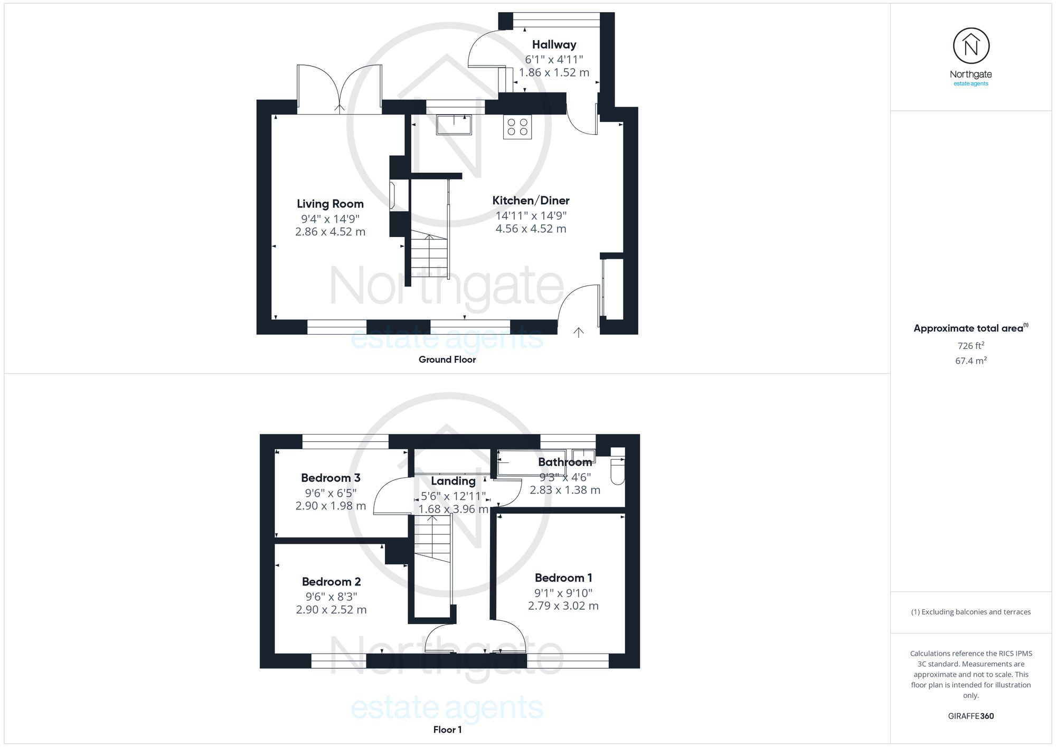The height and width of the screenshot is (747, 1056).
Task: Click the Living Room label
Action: pyautogui.click(x=330, y=204)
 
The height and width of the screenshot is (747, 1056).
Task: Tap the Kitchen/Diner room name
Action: pyautogui.click(x=531, y=201)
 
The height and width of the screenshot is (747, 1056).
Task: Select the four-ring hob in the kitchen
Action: pyautogui.click(x=517, y=127)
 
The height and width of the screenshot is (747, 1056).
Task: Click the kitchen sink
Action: pyautogui.click(x=454, y=125)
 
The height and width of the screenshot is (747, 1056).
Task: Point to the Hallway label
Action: pyautogui.click(x=554, y=45)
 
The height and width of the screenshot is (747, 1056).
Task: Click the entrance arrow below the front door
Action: pyautogui.click(x=579, y=332)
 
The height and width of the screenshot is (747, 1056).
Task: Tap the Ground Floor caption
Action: pyautogui.click(x=447, y=360)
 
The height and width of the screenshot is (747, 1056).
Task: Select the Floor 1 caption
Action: pyautogui.click(x=447, y=730)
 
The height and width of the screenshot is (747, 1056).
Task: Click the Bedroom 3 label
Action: pyautogui.click(x=331, y=478)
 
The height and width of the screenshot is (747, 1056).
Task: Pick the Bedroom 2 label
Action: pyautogui.click(x=331, y=582)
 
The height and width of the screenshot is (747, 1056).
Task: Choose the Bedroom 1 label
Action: pyautogui.click(x=563, y=578)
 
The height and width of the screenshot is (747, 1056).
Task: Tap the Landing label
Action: pyautogui.click(x=453, y=481)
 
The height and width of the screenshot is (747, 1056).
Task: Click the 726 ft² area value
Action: pyautogui.click(x=970, y=346)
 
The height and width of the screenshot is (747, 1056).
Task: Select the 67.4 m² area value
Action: pyautogui.click(x=970, y=361)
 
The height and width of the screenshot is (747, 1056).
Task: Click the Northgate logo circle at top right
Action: pyautogui.click(x=971, y=46)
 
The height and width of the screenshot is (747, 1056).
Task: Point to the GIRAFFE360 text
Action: pyautogui.click(x=970, y=716)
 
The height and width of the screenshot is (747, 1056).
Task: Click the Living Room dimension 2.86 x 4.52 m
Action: pyautogui.click(x=330, y=232)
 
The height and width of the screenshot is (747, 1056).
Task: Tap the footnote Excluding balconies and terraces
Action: pyautogui.click(x=970, y=612)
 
